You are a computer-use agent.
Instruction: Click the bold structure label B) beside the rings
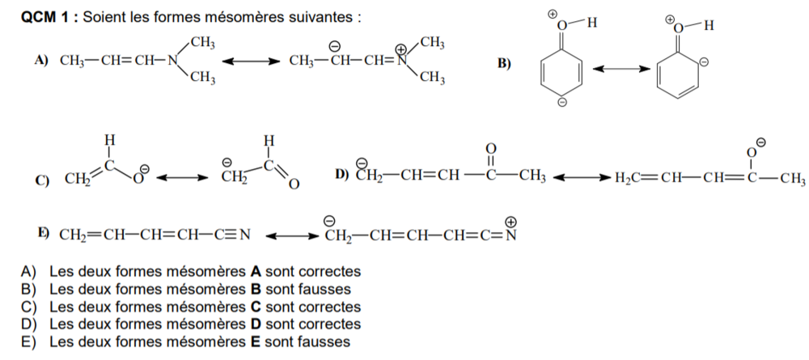[504, 65]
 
